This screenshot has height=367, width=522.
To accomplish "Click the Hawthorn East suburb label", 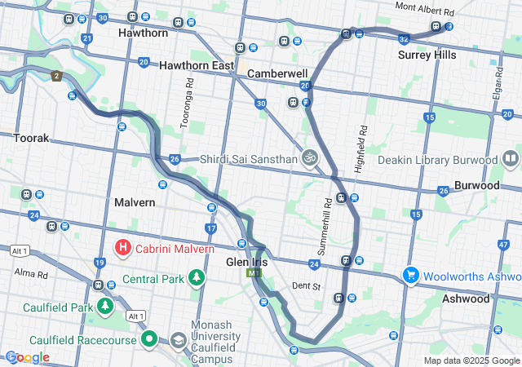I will click(x=197, y=64).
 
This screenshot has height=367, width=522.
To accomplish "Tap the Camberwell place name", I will click(x=277, y=73).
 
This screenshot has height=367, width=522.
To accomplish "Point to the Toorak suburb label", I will click(x=32, y=139).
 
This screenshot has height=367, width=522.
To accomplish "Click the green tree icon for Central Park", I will click(x=196, y=279).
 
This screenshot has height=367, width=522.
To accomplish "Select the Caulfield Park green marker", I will click(x=104, y=307).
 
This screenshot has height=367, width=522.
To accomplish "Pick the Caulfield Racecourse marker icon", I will click(x=149, y=338).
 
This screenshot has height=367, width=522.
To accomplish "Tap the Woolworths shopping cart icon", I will click(x=409, y=276).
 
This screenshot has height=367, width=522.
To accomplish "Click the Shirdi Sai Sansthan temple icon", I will click(x=309, y=157).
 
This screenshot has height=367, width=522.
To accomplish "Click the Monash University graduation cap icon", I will click(x=178, y=340).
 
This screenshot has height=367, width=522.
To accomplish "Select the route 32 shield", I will click(x=404, y=38).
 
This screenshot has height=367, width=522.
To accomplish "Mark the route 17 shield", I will click(x=211, y=229).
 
